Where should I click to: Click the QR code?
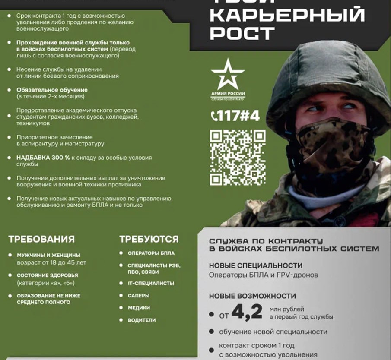(238, 158)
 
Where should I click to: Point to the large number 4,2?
(247, 312)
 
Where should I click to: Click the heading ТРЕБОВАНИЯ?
(41, 239)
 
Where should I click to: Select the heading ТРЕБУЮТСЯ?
(149, 239)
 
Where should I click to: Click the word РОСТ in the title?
(242, 32)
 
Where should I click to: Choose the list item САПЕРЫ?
(139, 296)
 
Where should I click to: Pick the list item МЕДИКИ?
(139, 308)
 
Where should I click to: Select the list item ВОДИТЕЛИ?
(142, 320)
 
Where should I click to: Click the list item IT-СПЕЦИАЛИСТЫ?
(151, 283)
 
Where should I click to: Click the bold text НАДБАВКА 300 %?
(43, 158)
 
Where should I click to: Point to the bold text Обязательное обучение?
(52, 90)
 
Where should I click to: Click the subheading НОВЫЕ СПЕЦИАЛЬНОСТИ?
(256, 265)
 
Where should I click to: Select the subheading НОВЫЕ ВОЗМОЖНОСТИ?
(253, 296)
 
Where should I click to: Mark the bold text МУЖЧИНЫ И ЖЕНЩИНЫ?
(48, 255)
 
